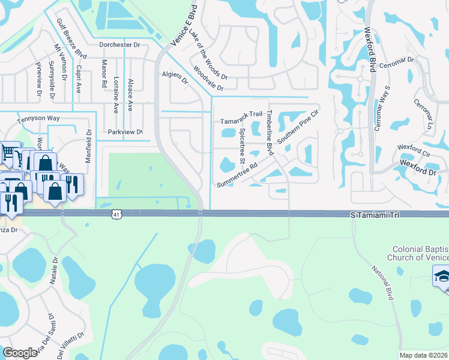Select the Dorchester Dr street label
[119, 44]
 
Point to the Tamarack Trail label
[242, 113]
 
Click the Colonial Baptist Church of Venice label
[420, 253]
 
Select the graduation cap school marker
[442, 277]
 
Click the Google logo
[20, 353]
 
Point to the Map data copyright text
[424, 355]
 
